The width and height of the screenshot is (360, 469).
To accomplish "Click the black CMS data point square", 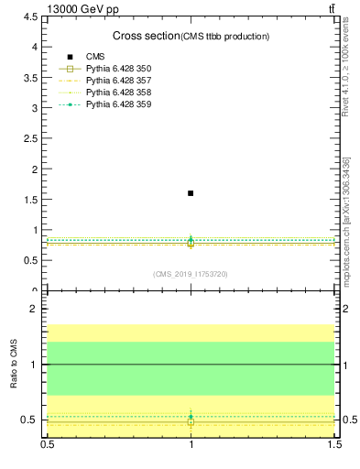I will tap(191, 193).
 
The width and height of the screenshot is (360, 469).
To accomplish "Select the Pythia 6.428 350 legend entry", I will tap(117, 69).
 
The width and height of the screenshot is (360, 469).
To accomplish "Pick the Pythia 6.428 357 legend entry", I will tap(117, 81).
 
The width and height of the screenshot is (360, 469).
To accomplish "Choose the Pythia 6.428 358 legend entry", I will tap(117, 93).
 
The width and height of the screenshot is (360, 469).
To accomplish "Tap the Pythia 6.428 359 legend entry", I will tap(117, 104).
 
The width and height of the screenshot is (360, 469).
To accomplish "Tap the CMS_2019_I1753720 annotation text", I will tap(191, 274).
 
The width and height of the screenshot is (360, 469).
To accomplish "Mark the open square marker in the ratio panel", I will tap(191, 422).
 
